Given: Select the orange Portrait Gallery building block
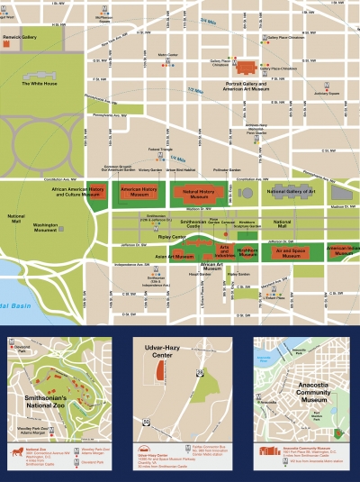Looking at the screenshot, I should [247, 67].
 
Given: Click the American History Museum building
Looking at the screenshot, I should [138, 192].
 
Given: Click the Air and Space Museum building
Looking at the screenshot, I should [289, 253].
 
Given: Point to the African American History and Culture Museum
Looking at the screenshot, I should [78, 192].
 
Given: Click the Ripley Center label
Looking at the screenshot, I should [173, 237].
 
